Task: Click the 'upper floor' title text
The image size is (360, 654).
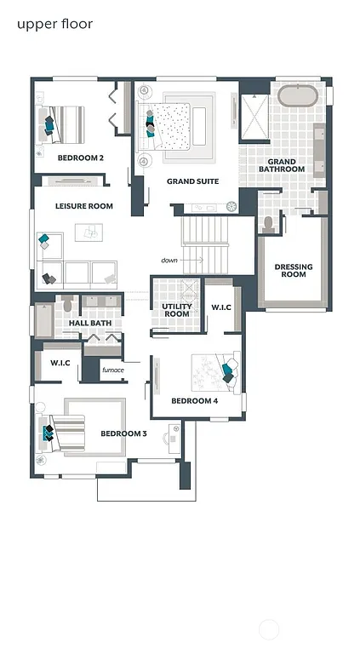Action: pyautogui.click(x=54, y=24)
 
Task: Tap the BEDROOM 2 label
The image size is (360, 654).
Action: pyautogui.click(x=81, y=158)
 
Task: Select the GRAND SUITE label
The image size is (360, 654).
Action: pyautogui.click(x=192, y=181)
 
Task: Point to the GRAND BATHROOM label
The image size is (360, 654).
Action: pyautogui.click(x=282, y=165)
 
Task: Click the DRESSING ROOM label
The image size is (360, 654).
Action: pyautogui.click(x=293, y=271)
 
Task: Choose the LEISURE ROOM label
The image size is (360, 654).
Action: pyautogui.click(x=84, y=206)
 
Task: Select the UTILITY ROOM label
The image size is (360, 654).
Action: pyautogui.click(x=176, y=310)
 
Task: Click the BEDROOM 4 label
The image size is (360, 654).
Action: pyautogui.click(x=195, y=400)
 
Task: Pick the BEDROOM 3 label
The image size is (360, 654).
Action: pyautogui.click(x=124, y=433)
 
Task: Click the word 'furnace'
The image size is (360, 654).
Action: pyautogui.click(x=113, y=370)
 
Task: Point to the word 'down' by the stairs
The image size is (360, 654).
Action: pyautogui.click(x=169, y=260)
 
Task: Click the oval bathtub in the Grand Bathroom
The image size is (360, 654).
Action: pyautogui.click(x=297, y=95)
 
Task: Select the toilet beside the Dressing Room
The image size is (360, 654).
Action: pyautogui.click(x=269, y=224)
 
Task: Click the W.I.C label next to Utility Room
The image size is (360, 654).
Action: pyautogui.click(x=221, y=307)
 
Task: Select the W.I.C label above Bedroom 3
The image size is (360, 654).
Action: pyautogui.click(x=60, y=364)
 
